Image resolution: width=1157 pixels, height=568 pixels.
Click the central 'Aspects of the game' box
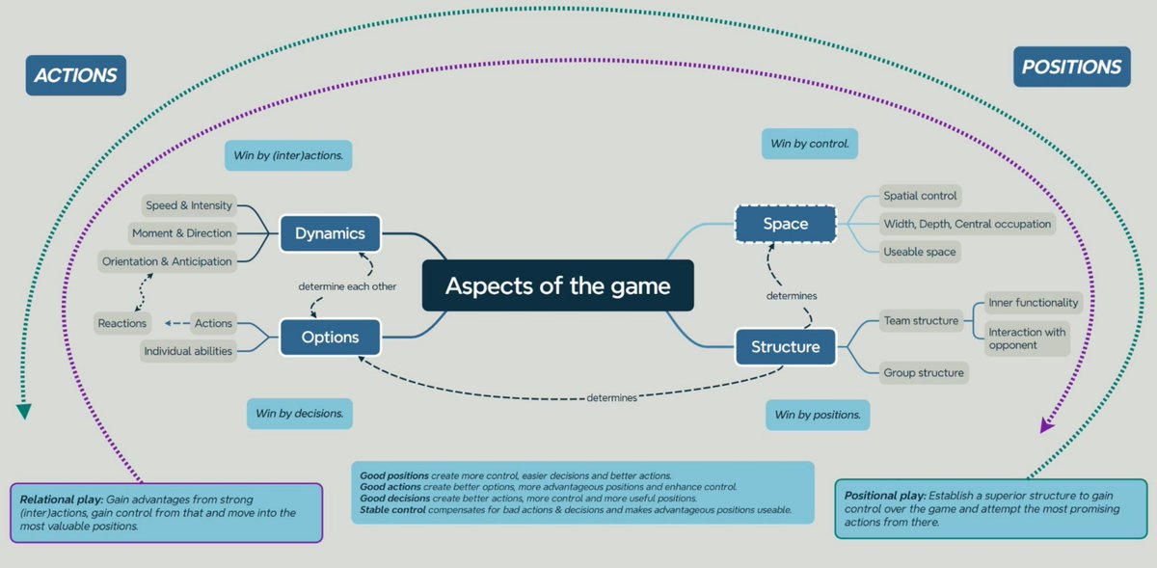point(557,285)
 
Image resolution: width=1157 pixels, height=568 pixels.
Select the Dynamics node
point(330,232)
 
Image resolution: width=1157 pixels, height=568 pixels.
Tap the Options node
point(330,338)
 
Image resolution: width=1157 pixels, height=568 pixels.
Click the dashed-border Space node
point(785,224)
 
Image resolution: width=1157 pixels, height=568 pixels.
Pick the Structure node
point(785,346)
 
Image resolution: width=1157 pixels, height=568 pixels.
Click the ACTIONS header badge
point(76,74)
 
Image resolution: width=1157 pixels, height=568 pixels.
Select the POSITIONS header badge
point(1071,67)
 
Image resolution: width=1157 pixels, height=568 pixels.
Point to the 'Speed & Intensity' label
point(189,205)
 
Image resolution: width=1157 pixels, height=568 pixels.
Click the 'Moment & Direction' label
point(182,233)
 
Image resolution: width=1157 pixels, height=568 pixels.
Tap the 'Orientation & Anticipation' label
point(168,261)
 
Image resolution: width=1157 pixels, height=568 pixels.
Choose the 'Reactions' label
point(122,323)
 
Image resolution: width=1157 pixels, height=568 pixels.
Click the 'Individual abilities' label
point(188,351)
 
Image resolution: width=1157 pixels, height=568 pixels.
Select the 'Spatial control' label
point(920,196)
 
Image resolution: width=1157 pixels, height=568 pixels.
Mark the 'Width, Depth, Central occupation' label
point(967,224)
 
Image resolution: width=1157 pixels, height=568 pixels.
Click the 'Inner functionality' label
point(1034,303)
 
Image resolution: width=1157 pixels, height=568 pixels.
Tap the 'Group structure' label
point(924,372)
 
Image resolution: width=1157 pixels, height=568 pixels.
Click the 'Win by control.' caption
point(809,145)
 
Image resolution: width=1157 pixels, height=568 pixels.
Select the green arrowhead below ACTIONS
point(24,412)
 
